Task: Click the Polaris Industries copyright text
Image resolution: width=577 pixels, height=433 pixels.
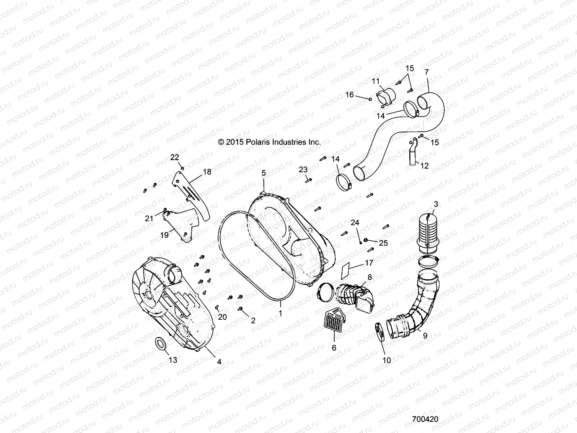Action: click(269, 142)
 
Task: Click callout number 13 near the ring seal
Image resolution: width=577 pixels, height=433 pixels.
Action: click(173, 360)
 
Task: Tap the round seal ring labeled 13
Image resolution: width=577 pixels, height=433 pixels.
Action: click(160, 343)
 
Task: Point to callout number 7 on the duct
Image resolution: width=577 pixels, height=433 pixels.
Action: click(427, 72)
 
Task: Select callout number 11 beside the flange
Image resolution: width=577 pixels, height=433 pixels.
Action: click(376, 81)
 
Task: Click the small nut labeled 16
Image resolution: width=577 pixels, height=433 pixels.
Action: click(370, 99)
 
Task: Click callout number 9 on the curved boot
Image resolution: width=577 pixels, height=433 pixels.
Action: click(425, 336)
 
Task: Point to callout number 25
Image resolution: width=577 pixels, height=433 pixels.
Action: click(383, 243)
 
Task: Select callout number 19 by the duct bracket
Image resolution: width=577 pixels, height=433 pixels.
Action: click(164, 235)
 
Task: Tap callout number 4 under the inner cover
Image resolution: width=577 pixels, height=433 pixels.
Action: click(219, 362)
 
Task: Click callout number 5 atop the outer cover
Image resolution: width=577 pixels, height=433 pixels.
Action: click(264, 173)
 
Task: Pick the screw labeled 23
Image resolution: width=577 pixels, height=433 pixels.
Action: click(309, 179)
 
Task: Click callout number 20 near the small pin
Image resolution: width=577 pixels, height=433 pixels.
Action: click(223, 317)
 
